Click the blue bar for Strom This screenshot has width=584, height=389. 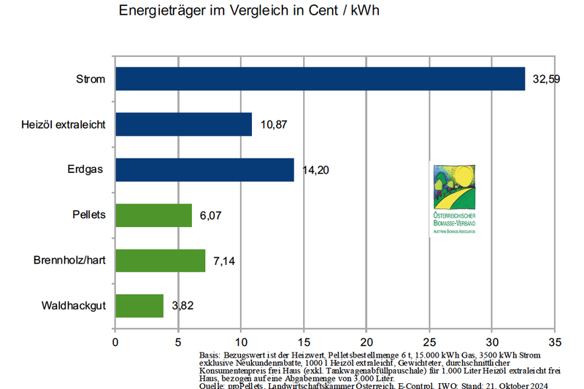pos(320,79)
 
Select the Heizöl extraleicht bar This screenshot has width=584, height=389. pos(183,124)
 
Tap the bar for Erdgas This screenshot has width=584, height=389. pos(204,169)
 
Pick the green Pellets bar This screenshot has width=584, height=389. pos(153,215)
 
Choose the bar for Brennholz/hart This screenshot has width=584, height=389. pos(160,261)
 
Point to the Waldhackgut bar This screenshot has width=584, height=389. pos(139,306)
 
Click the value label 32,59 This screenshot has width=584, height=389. pos(546,79)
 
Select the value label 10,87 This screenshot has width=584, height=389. pos(274,125)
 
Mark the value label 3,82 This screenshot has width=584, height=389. pos(182,307)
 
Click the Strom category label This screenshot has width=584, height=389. pos(91,79)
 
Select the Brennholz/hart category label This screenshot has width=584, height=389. pos(69,261)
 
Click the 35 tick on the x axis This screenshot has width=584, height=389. pos(555,341)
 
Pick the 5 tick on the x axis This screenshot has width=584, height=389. pos(178,341)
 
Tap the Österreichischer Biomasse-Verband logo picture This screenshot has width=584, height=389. pos(453,199)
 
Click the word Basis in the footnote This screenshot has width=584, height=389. pos(210,354)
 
